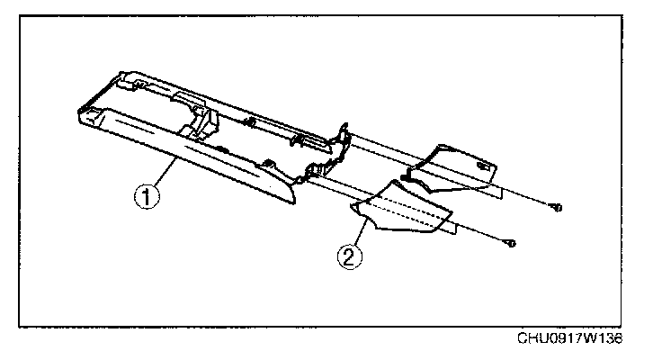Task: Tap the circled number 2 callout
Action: pyautogui.click(x=350, y=256)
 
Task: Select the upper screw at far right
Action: pyautogui.click(x=557, y=208)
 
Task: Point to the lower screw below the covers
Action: pyautogui.click(x=510, y=242)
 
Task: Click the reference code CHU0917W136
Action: pyautogui.click(x=570, y=338)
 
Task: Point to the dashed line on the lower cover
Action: pyautogui.click(x=405, y=209)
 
